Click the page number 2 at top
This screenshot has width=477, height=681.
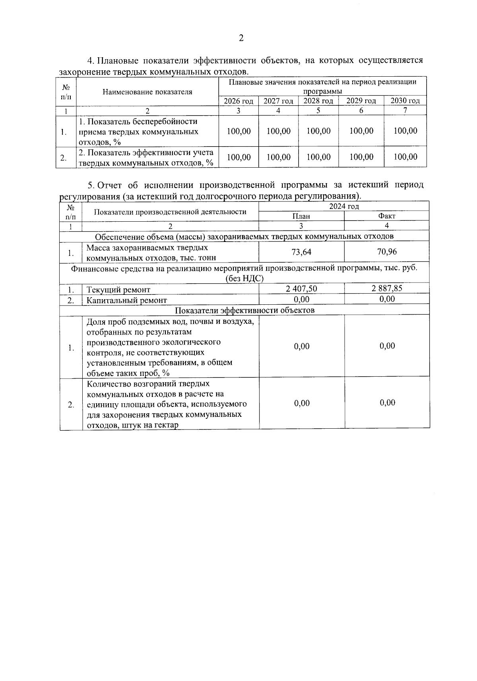click(x=241, y=38)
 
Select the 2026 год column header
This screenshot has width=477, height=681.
click(x=238, y=101)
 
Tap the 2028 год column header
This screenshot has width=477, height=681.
click(x=318, y=101)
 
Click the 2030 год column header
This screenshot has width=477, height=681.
click(x=405, y=101)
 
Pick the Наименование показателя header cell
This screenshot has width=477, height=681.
click(x=147, y=92)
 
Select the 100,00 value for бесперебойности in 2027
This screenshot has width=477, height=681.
click(x=278, y=131)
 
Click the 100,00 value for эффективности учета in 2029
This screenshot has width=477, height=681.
click(x=361, y=157)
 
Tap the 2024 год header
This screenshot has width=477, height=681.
click(x=344, y=206)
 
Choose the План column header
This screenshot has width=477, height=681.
click(x=301, y=216)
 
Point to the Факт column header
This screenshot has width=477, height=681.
click(x=387, y=216)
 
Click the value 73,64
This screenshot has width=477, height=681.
click(x=301, y=252)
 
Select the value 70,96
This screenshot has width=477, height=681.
click(x=387, y=252)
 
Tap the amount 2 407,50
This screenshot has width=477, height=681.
click(x=301, y=289)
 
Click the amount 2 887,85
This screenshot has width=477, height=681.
click(x=387, y=288)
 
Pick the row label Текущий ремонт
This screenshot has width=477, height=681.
click(x=118, y=290)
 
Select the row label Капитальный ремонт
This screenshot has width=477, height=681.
click(x=126, y=300)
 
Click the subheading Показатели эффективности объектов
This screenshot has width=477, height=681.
click(x=244, y=310)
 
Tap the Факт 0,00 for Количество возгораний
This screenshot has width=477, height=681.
click(x=387, y=403)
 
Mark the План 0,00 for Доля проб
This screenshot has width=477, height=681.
click(x=302, y=346)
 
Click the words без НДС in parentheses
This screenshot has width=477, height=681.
click(x=244, y=279)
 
